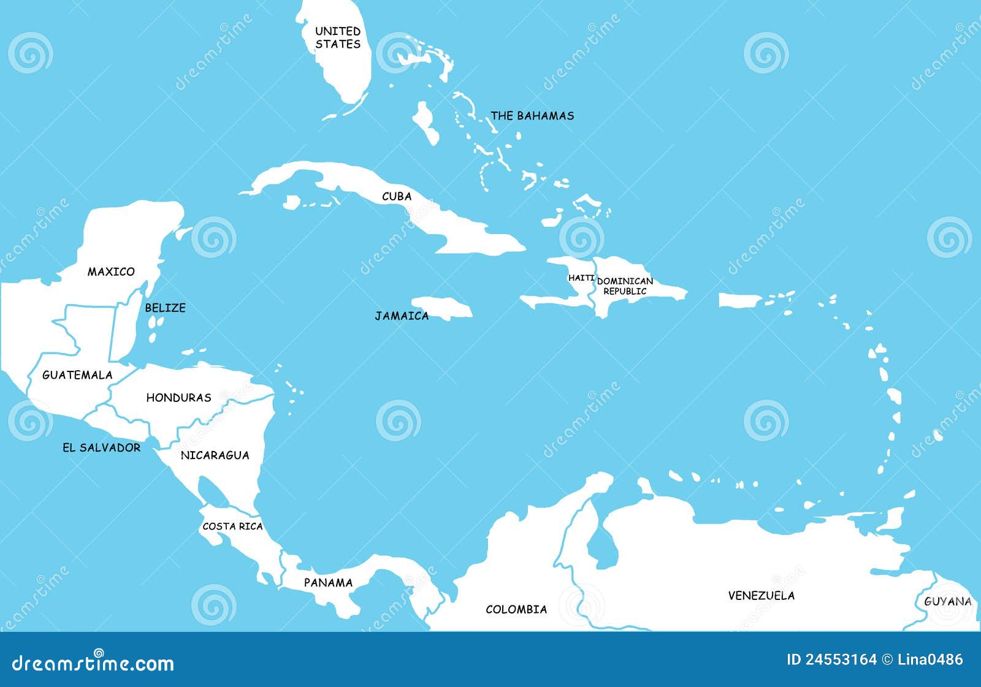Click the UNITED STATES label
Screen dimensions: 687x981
[x=338, y=37]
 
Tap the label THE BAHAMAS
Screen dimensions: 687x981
[x=532, y=116]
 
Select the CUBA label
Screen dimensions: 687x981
[x=397, y=196]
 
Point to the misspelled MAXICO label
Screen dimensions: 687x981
[x=111, y=271]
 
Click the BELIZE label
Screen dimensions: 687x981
[x=165, y=308]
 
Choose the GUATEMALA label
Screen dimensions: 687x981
[x=77, y=375]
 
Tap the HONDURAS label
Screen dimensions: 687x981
[x=178, y=398]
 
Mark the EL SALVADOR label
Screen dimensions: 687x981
[x=101, y=448]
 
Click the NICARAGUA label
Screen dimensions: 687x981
[x=215, y=455]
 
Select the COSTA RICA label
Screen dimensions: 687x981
[x=232, y=526]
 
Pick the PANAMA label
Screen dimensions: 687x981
[x=328, y=583]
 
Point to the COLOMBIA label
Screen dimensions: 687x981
[x=516, y=609]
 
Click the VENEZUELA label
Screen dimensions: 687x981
[x=761, y=595]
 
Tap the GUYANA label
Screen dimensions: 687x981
[x=947, y=602]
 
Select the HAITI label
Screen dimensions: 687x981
[x=581, y=278]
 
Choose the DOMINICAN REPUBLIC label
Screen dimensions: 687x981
[x=625, y=286]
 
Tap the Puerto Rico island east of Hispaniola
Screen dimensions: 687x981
[x=739, y=300]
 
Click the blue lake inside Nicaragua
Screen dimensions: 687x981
[x=212, y=491]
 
